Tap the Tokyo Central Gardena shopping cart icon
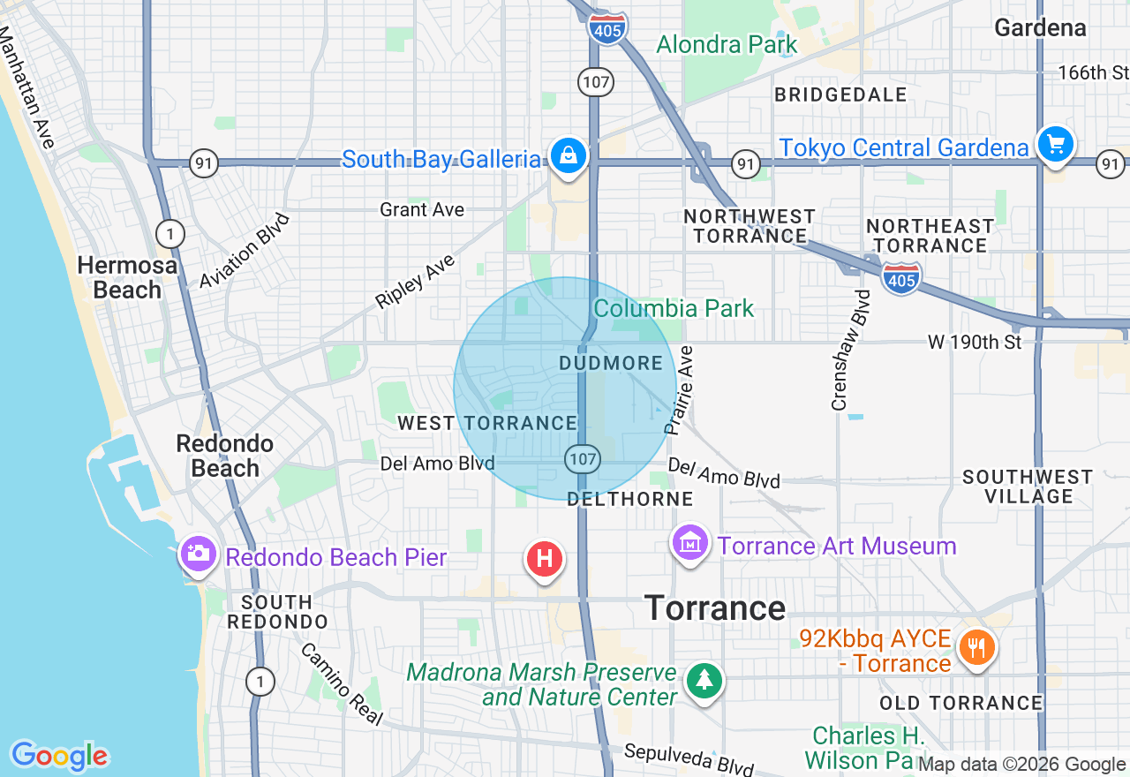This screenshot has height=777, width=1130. pyautogui.click(x=1055, y=144)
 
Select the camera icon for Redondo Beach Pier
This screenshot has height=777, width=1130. pyautogui.click(x=199, y=554)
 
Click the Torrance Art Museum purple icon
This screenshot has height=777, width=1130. pyautogui.click(x=690, y=542)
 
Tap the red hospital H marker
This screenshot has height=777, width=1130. pyautogui.click(x=545, y=559)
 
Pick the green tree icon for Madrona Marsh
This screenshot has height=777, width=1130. pyautogui.click(x=704, y=681)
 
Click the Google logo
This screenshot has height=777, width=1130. pyautogui.click(x=59, y=756)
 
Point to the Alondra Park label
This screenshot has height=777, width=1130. pyautogui.click(x=727, y=44)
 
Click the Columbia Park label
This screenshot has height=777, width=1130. pyautogui.click(x=674, y=308)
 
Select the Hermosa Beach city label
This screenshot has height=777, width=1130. pyautogui.click(x=126, y=277)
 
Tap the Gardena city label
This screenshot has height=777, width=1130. pyautogui.click(x=1039, y=27)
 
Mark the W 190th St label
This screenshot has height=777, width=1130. pyautogui.click(x=974, y=342)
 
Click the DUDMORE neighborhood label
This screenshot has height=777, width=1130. pyautogui.click(x=611, y=363)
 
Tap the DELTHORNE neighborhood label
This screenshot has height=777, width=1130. pyautogui.click(x=629, y=499)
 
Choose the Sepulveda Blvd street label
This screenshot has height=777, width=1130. pyautogui.click(x=689, y=757)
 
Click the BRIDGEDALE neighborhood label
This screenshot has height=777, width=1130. pyautogui.click(x=840, y=94)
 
